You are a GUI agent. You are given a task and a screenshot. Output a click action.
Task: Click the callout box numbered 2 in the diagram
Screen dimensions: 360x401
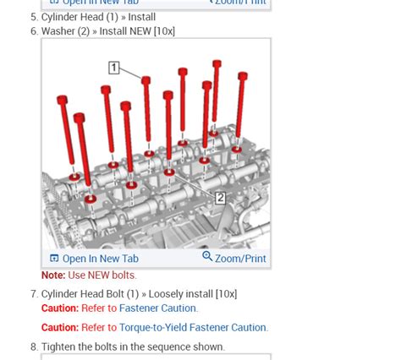pyautogui.click(x=219, y=198)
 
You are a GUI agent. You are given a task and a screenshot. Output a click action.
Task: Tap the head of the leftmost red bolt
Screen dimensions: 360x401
pyautogui.click(x=63, y=101)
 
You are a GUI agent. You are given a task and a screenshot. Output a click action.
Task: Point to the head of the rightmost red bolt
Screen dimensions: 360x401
pyautogui.click(x=242, y=76)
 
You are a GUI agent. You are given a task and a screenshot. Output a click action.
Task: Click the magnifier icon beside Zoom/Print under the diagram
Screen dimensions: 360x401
pyautogui.click(x=207, y=258)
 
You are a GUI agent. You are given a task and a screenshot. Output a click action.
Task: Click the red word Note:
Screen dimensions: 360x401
pyautogui.click(x=53, y=275)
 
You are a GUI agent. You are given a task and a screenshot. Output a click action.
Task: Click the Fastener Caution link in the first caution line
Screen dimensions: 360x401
pyautogui.click(x=158, y=308)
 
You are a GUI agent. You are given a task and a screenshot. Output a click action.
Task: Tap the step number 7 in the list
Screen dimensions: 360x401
pyautogui.click(x=34, y=294)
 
